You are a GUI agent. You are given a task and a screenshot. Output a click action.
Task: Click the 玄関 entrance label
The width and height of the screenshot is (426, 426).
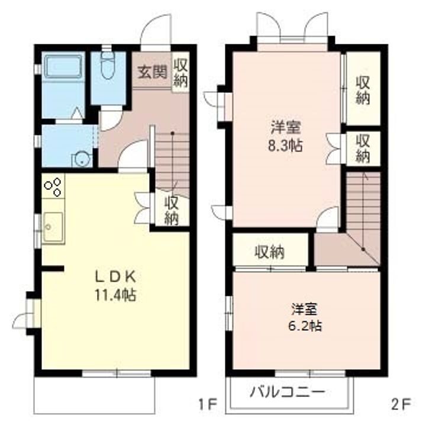point(152,72)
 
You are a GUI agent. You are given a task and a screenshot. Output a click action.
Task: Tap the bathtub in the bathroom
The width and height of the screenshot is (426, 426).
point(63,67)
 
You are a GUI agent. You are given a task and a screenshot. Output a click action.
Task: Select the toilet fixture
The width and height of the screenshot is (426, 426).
point(108,64)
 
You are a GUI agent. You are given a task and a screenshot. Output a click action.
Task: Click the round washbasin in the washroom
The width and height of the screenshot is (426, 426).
point(80,160)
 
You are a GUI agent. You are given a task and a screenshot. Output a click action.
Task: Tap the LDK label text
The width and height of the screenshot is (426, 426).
point(115,277)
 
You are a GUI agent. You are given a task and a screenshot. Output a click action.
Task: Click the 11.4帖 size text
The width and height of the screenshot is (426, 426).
point(115,295)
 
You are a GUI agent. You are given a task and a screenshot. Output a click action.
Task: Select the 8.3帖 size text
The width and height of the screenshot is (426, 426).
point(285,146)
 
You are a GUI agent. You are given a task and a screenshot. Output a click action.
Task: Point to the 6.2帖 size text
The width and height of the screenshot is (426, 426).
point(305,325)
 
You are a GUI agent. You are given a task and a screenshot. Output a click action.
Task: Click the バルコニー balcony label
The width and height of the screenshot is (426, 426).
point(288,392)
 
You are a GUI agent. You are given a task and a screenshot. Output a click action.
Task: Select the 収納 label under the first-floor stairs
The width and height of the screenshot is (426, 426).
point(172,211)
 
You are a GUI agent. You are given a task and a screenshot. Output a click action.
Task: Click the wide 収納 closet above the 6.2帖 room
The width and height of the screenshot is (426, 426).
point(270,252)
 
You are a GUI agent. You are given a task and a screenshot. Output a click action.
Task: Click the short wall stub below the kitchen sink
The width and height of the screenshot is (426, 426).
point(53,269)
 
